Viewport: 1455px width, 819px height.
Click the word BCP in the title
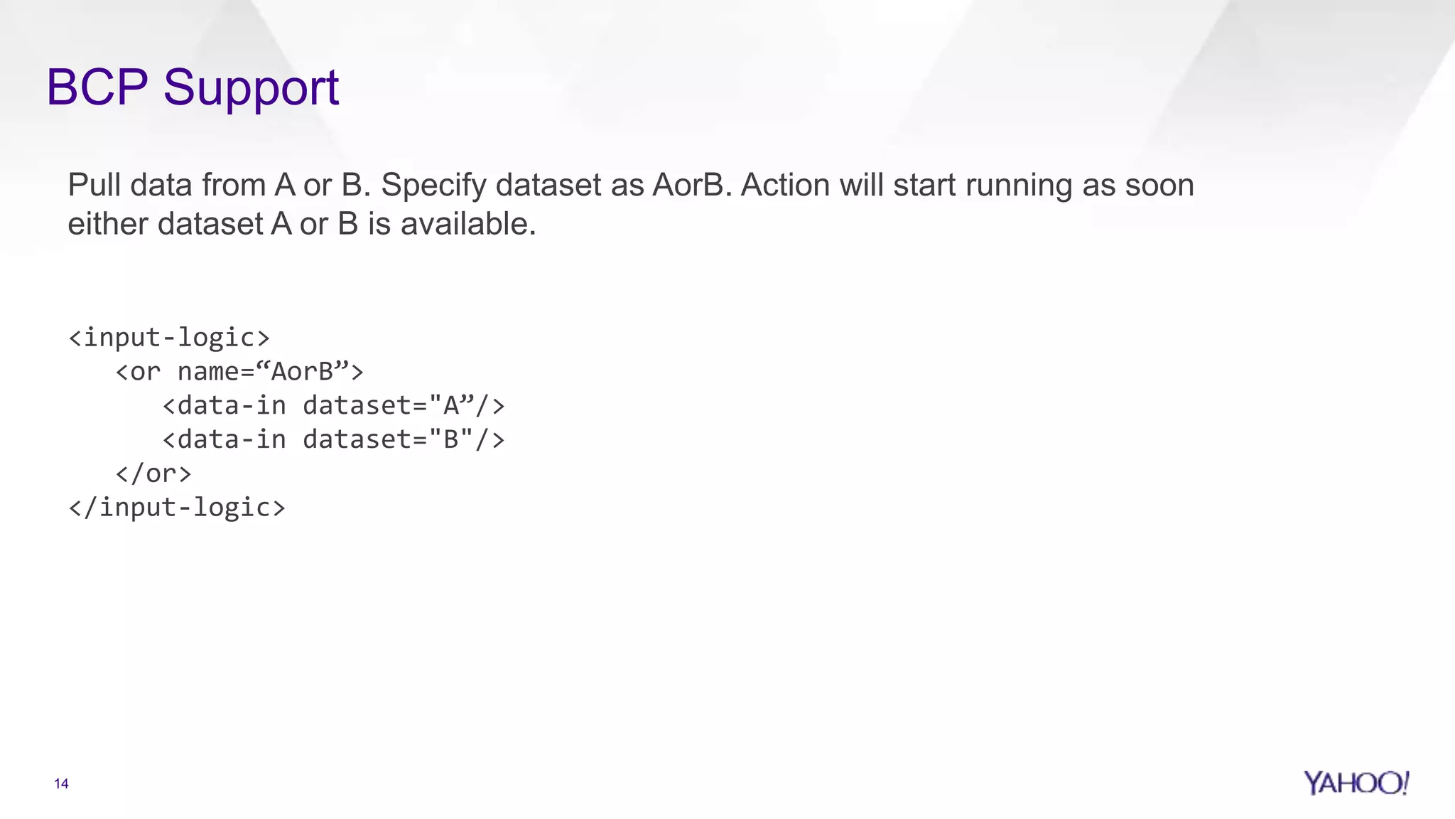97,87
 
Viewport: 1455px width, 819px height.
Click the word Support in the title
251,89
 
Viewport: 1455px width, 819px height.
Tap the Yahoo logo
1356,783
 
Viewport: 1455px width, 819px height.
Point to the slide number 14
61,783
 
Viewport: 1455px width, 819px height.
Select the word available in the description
467,224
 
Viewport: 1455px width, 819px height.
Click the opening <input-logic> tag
169,337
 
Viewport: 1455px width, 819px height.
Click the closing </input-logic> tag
177,508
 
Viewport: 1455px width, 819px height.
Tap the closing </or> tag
153,473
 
